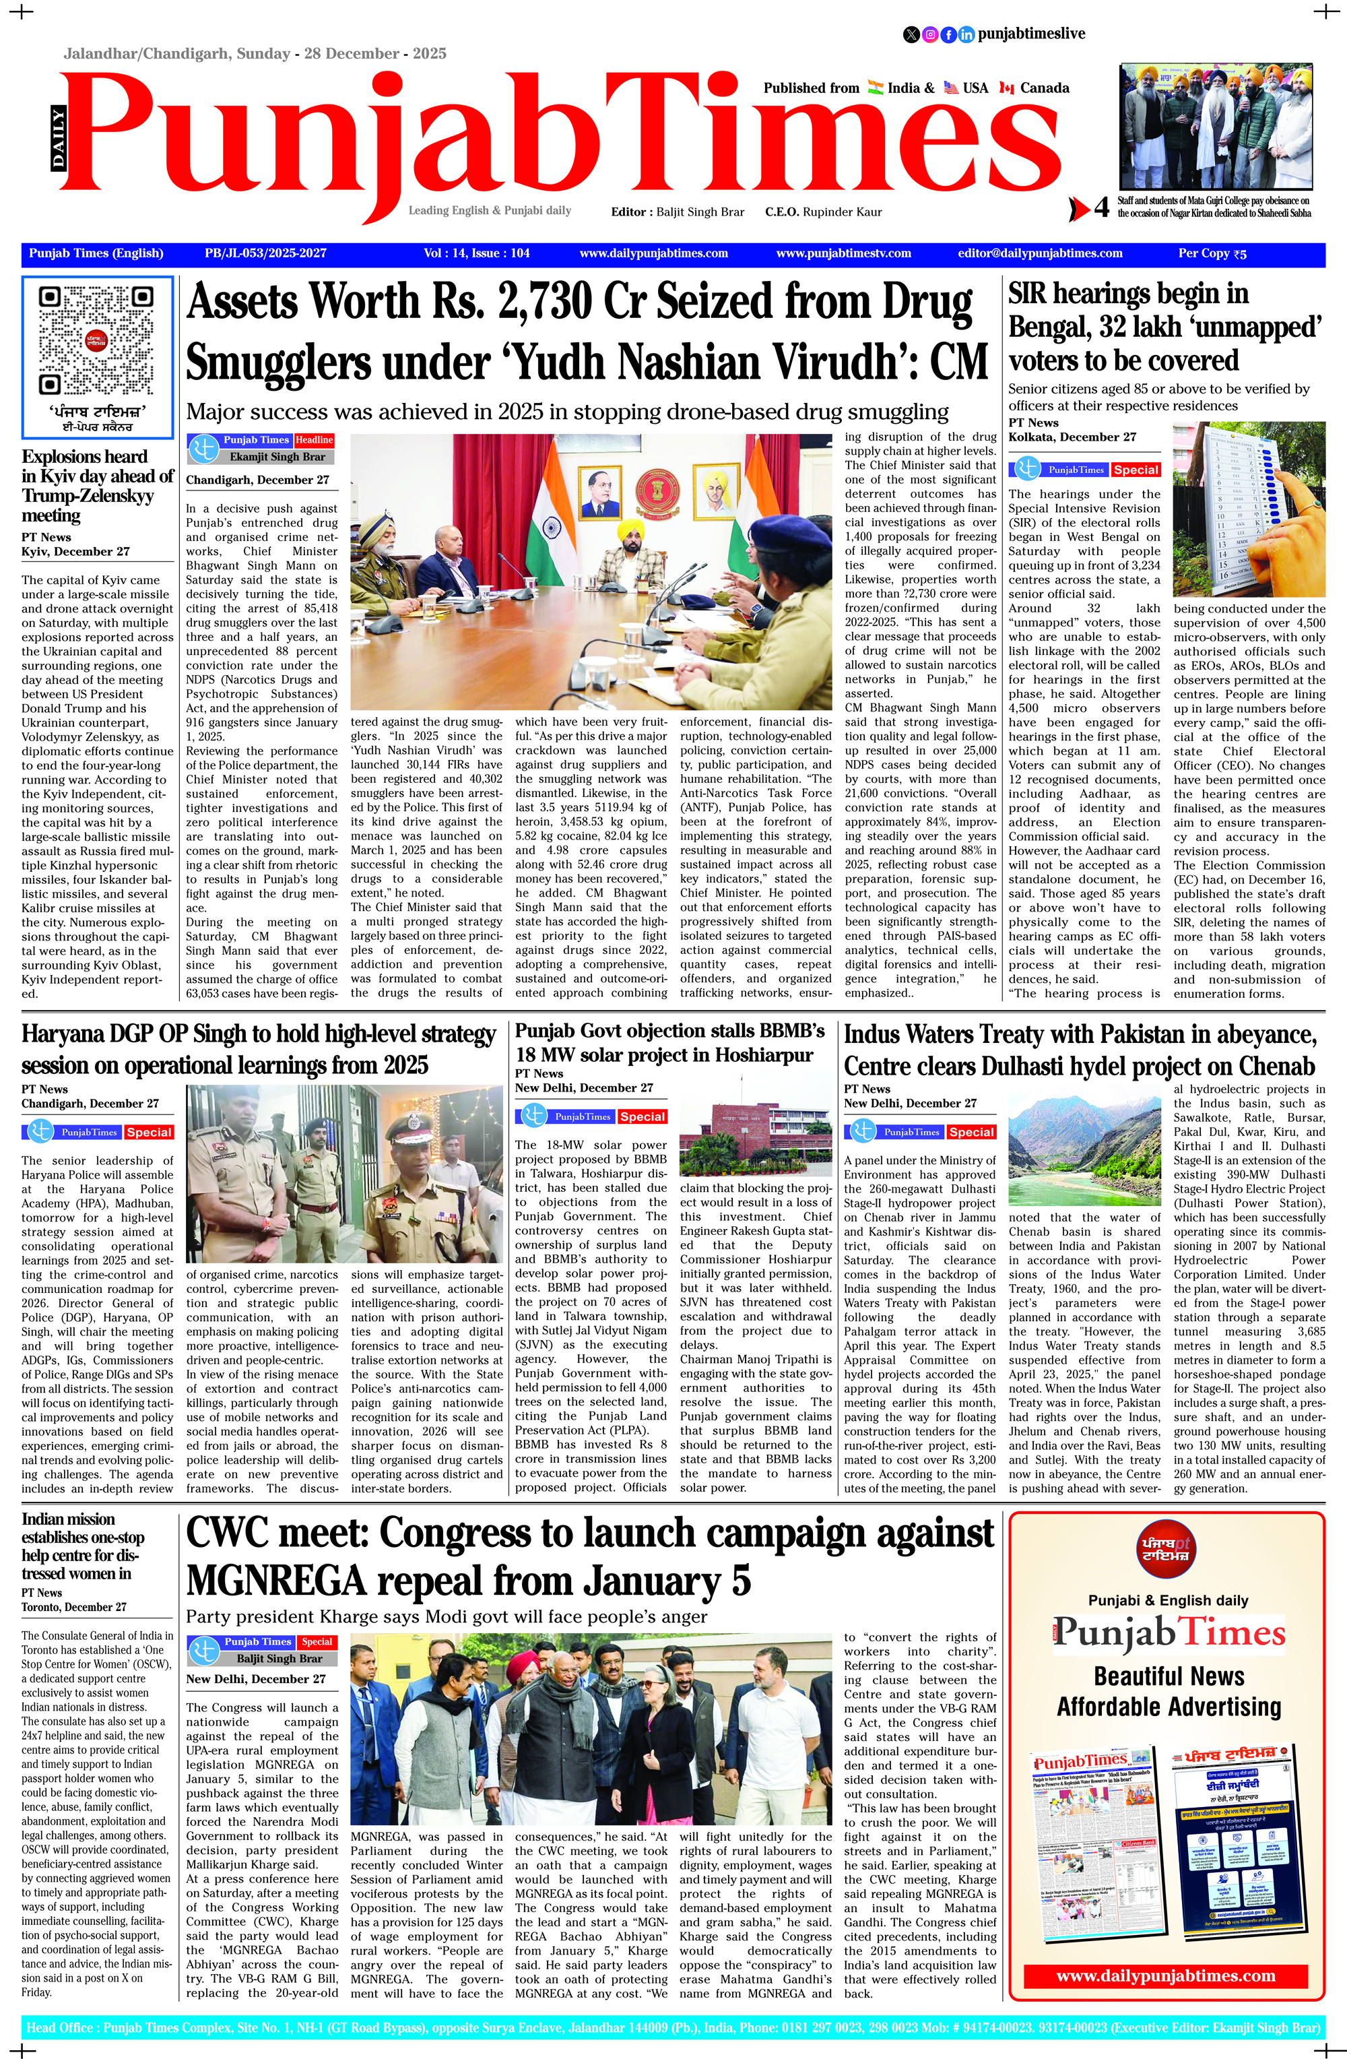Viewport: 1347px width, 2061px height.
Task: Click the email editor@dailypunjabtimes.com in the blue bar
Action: point(1040,254)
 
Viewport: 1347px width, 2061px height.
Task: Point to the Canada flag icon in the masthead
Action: point(1006,88)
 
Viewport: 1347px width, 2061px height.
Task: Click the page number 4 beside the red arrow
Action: point(1101,208)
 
